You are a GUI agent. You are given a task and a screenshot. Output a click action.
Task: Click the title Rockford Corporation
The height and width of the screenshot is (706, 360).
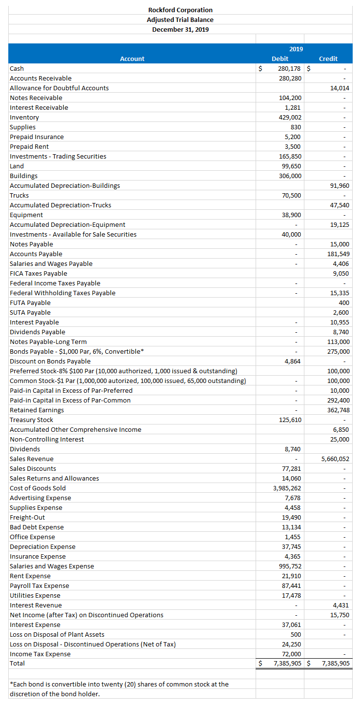pos(180,10)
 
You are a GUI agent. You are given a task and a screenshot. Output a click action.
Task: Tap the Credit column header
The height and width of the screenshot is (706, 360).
pos(328,59)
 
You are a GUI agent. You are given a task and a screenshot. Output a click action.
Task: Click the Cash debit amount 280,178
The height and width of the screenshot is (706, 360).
pos(290,68)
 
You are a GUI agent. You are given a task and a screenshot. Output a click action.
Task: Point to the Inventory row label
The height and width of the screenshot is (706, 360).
pos(24,117)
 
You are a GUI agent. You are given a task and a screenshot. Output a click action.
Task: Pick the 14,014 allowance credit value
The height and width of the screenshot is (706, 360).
pos(340,88)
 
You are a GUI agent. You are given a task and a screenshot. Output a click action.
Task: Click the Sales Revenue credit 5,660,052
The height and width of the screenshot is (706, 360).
pos(336,459)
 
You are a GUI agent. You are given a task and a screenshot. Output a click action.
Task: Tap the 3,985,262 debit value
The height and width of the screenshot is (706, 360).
pos(287,488)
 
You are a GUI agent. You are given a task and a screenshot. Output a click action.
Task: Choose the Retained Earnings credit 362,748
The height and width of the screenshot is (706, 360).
pos(339,410)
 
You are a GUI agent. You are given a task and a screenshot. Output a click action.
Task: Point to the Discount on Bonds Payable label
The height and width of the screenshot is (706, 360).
pos(50,361)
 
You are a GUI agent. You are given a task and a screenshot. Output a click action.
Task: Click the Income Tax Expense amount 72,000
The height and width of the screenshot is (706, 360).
pos(293,654)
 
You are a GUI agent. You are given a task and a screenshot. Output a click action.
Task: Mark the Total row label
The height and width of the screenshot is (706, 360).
pos(17,663)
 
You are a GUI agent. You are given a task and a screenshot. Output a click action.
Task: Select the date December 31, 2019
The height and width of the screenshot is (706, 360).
pos(180,29)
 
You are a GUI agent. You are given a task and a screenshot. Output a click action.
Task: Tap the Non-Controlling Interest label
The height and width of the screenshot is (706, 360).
pos(47,439)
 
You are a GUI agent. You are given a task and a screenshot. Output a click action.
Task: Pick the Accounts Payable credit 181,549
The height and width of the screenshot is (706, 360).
pos(339,254)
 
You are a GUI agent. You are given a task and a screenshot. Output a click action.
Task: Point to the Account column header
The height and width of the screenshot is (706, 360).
pos(132,59)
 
